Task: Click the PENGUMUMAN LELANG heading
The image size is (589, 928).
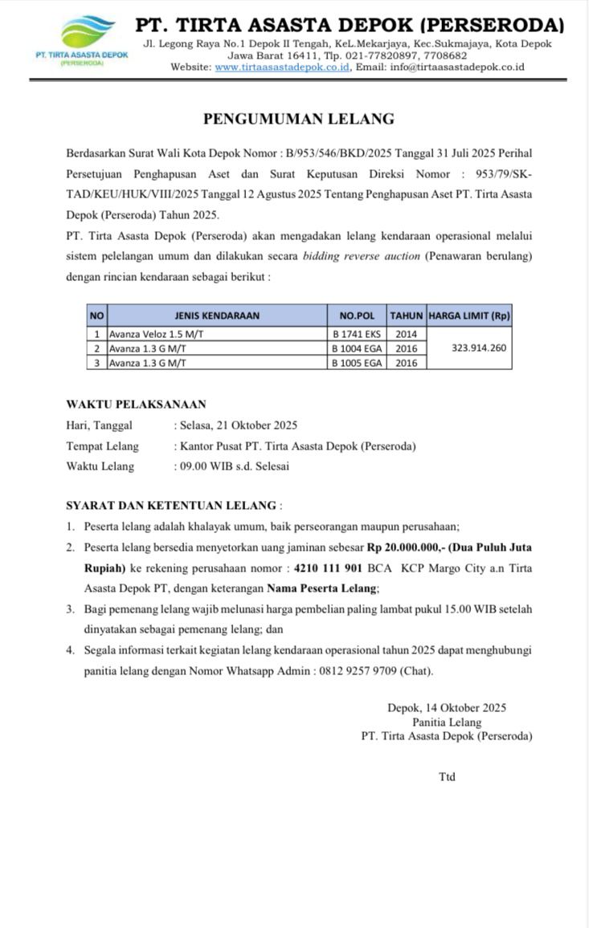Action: (x=298, y=119)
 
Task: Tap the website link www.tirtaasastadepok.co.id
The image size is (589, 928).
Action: (x=282, y=67)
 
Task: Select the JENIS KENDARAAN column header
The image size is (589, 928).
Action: (x=217, y=315)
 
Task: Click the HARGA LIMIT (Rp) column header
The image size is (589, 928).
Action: (x=469, y=315)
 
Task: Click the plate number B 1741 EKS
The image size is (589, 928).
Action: (x=357, y=334)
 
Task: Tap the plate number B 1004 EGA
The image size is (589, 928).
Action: (x=357, y=348)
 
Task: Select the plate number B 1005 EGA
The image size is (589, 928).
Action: (x=357, y=363)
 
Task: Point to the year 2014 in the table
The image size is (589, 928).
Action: (x=407, y=334)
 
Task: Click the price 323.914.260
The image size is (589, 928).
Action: (x=469, y=348)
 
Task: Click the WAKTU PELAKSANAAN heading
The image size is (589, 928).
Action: (x=136, y=405)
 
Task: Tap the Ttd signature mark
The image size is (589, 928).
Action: (x=447, y=776)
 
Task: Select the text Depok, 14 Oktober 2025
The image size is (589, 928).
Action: (x=447, y=708)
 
